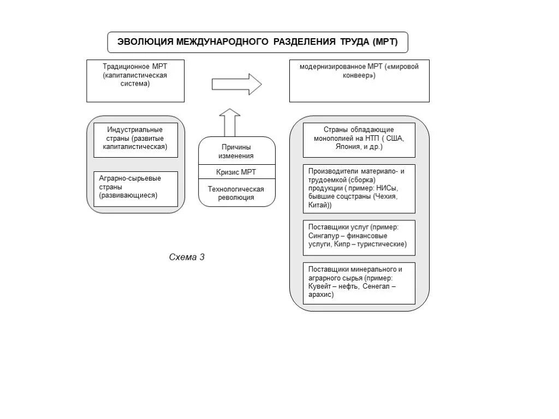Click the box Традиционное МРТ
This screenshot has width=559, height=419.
135,81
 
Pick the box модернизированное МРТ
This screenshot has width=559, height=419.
359,81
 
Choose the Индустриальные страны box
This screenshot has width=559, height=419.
135,140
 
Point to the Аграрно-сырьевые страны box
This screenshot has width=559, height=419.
135,188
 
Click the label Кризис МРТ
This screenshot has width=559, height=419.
236,172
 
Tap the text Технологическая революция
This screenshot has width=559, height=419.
236,193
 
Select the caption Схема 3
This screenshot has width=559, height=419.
187,258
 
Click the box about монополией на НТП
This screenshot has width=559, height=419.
359,140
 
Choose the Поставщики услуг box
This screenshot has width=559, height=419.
359,237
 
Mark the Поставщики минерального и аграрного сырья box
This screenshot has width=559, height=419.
359,283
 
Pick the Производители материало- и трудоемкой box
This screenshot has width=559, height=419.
359,189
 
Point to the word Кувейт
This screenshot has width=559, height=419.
322,286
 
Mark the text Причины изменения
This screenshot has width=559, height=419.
236,152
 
